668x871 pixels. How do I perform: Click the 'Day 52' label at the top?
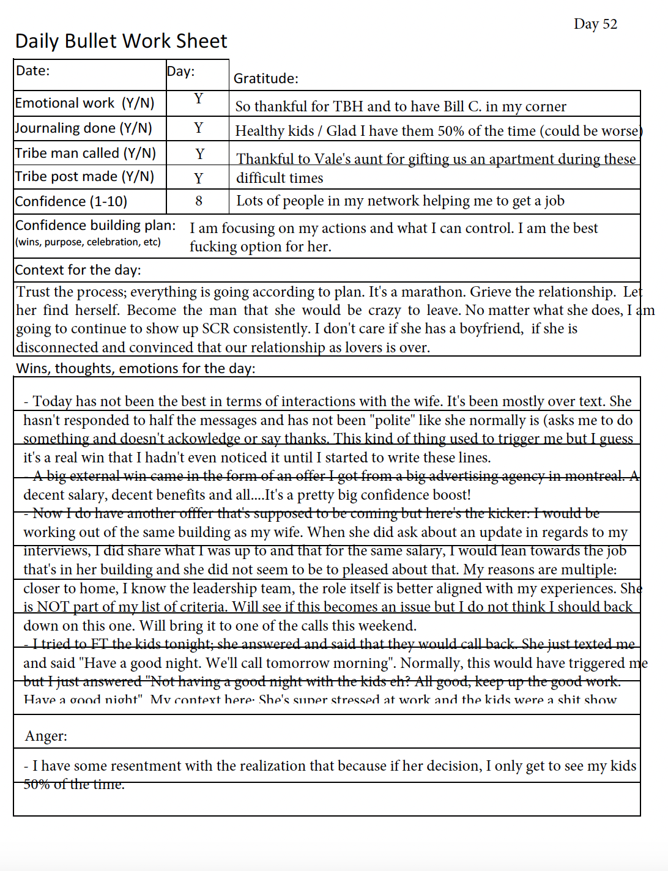(595, 24)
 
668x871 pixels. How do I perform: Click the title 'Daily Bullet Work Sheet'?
(121, 42)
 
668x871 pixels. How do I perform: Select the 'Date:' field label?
(33, 71)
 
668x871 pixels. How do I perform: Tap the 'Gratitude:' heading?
(266, 79)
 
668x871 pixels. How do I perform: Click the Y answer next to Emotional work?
(198, 99)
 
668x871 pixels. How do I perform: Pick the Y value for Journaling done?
(198, 128)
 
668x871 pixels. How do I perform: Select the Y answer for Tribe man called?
(199, 154)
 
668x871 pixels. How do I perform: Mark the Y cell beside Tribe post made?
(198, 179)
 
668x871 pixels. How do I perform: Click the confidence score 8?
(199, 201)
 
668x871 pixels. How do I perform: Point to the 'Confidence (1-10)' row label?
(71, 202)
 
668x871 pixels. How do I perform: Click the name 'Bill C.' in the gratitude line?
(462, 107)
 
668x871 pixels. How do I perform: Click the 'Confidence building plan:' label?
(95, 226)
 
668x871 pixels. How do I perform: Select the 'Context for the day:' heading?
(78, 270)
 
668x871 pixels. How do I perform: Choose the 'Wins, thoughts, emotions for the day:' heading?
(136, 369)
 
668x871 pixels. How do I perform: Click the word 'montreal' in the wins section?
(591, 476)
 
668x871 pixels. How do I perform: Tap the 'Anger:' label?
(46, 736)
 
